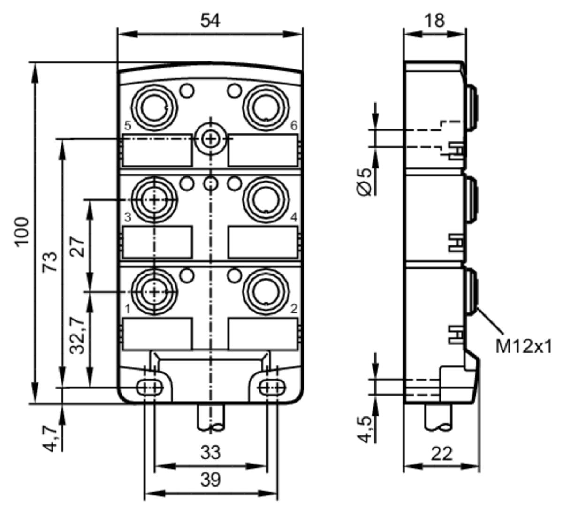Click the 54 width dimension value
pyautogui.click(x=210, y=21)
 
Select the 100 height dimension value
pyautogui.click(x=22, y=232)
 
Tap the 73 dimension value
pyautogui.click(x=50, y=262)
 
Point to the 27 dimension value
pyautogui.click(x=77, y=247)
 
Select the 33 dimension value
pyautogui.click(x=211, y=452)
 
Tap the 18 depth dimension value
pyautogui.click(x=434, y=20)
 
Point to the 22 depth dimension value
pyautogui.click(x=442, y=454)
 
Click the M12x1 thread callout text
pyautogui.click(x=524, y=347)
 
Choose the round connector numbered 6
pyautogui.click(x=266, y=107)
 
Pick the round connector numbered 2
pyautogui.click(x=266, y=292)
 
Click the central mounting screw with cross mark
pyautogui.click(x=210, y=139)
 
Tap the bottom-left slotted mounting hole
pyautogui.click(x=149, y=388)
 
